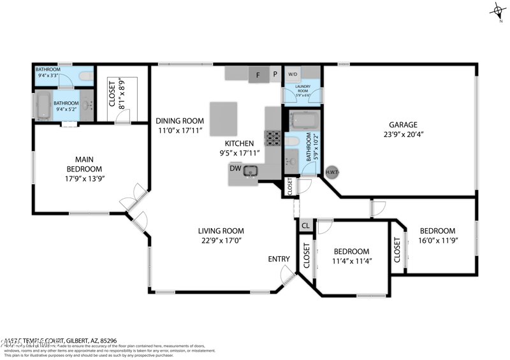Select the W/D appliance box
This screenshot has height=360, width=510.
(293, 74)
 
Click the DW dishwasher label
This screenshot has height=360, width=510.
(235, 169)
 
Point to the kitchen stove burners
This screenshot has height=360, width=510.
(273, 138)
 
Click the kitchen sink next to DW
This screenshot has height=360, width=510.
(251, 170)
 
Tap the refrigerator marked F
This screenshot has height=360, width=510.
(258, 74)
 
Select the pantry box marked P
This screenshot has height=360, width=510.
(275, 74)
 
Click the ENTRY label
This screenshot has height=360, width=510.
(279, 259)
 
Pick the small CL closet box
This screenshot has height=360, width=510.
(305, 226)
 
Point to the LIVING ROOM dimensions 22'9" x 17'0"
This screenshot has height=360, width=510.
(221, 240)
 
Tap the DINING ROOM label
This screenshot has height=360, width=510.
(179, 121)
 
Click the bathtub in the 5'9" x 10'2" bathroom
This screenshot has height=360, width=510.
(299, 120)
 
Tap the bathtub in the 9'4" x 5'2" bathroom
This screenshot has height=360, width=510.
(43, 106)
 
